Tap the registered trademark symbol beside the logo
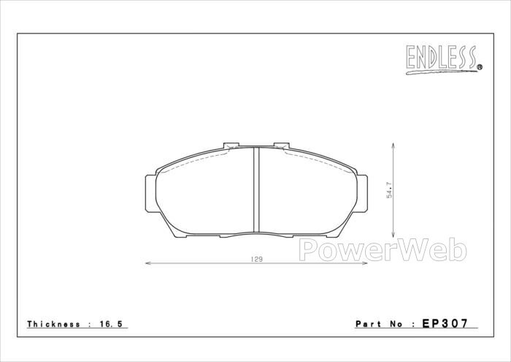coord(480,67)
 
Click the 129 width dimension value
coord(256,260)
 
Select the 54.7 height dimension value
coord(390,190)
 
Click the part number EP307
coord(445,323)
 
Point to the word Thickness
coord(54,324)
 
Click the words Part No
coord(380,324)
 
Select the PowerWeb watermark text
coord(383,250)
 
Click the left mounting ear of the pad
coord(150,194)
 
